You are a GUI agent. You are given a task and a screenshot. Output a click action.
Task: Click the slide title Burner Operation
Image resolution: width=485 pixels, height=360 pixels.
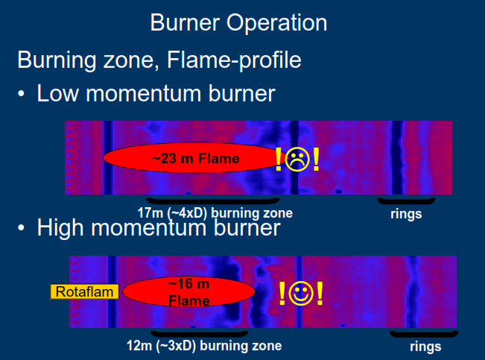[x=238, y=23]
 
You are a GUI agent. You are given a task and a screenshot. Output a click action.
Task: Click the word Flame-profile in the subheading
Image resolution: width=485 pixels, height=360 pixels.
[x=234, y=60]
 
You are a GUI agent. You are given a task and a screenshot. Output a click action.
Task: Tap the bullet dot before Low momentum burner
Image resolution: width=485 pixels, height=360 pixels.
[x=21, y=94]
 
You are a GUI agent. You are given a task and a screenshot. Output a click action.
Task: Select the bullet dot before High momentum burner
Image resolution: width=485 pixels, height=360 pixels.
[x=21, y=228]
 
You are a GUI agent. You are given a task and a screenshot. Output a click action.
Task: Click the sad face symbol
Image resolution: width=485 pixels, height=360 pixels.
[x=297, y=159]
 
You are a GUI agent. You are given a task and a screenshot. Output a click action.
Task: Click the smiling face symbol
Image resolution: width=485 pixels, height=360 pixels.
[x=301, y=293]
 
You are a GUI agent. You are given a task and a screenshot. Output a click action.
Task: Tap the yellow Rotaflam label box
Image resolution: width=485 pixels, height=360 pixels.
[x=84, y=291]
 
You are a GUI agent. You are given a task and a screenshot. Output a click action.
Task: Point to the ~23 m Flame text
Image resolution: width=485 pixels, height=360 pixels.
[x=196, y=159]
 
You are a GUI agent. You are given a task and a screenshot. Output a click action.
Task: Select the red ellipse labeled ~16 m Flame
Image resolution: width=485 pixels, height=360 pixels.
[x=188, y=291]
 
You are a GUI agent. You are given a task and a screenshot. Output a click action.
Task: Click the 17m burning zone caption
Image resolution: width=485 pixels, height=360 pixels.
[x=215, y=213]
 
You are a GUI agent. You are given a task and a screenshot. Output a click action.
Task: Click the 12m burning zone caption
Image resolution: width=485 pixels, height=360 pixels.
[x=204, y=346]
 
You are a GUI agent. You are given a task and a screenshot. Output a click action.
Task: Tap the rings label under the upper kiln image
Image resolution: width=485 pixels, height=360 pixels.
[x=406, y=214]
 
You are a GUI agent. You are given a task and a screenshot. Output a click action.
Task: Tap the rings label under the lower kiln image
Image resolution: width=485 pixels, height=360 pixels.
[x=425, y=347]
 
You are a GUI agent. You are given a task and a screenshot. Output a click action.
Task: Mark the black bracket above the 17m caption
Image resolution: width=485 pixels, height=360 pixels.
[x=213, y=201]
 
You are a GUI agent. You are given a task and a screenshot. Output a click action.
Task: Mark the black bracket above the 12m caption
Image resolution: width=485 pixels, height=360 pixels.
[x=199, y=335]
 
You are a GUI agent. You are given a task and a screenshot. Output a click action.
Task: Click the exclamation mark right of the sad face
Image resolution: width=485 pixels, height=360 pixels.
[x=316, y=159]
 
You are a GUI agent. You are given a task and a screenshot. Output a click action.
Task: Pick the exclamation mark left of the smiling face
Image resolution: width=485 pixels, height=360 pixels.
[x=282, y=293]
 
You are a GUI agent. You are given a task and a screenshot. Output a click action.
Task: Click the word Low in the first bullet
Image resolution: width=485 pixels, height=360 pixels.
[x=58, y=93]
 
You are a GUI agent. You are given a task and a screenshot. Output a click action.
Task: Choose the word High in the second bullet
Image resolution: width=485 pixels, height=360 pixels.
[x=60, y=228]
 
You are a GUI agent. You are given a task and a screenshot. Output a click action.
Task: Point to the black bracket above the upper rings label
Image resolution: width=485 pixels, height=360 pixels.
[x=406, y=201]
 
